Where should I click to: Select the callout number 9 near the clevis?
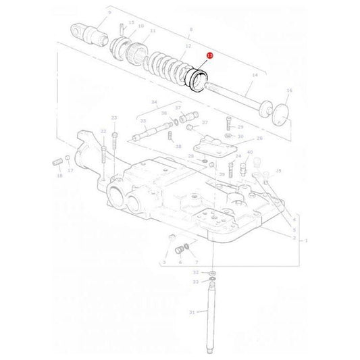pyautogui.click(x=109, y=13)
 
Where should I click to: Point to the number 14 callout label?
pyautogui.click(x=255, y=76)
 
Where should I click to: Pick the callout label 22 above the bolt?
pyautogui.click(x=103, y=131)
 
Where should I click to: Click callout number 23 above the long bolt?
pyautogui.click(x=113, y=118)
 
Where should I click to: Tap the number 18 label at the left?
pyautogui.click(x=59, y=176)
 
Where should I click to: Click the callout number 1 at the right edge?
pyautogui.click(x=307, y=240)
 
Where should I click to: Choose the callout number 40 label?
pyautogui.click(x=250, y=153)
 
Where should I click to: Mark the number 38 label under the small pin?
pyautogui.click(x=178, y=147)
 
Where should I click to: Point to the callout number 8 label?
pyautogui.click(x=192, y=31)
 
